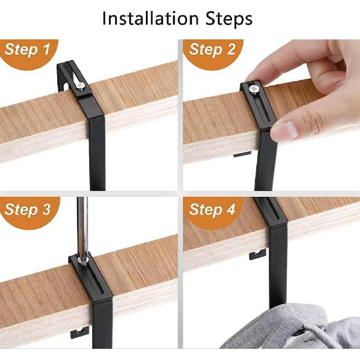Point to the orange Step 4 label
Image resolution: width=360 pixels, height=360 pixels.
point(212,210)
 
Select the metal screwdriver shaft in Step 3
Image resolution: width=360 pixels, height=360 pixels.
point(82,228)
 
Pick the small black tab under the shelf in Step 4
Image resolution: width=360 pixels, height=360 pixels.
point(257,254)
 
